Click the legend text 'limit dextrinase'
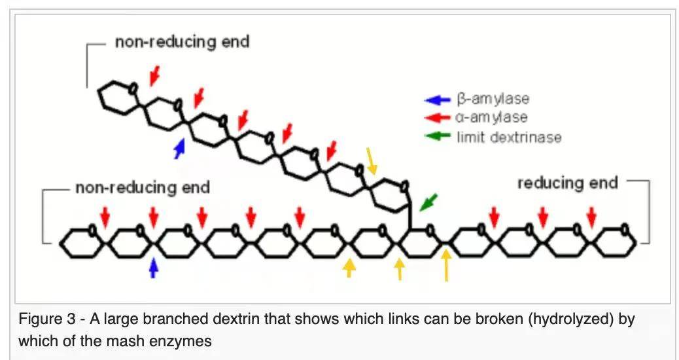[x=509, y=137]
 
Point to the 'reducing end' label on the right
[x=567, y=183]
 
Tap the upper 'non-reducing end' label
[x=182, y=43]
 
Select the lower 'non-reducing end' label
[x=143, y=189]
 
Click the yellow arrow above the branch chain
[x=372, y=161]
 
